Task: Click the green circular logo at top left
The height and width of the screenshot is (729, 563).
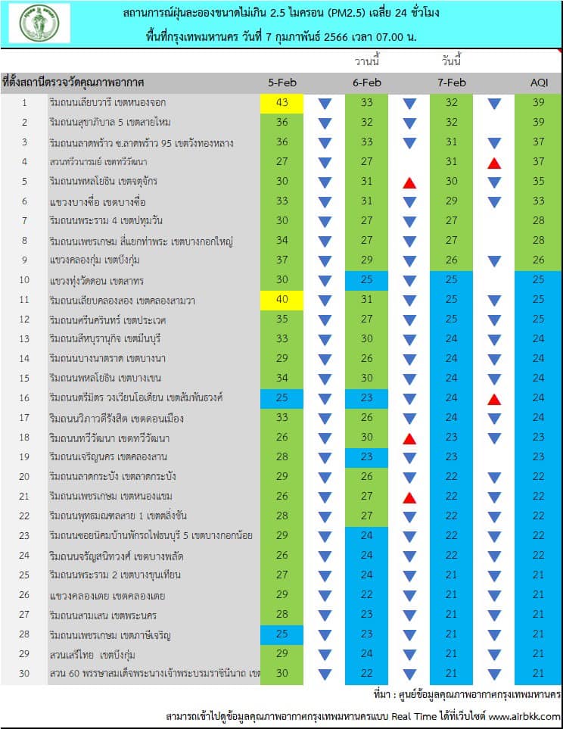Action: (39, 23)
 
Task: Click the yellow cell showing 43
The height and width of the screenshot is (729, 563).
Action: (281, 103)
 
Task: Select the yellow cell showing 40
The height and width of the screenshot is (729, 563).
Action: (281, 300)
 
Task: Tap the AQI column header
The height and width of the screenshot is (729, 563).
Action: (540, 83)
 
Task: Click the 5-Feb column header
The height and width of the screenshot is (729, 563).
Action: (282, 83)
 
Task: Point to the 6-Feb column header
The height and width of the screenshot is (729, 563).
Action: (367, 83)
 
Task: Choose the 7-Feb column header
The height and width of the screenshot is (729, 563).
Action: (452, 83)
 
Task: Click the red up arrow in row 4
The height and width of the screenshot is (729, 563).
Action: (494, 163)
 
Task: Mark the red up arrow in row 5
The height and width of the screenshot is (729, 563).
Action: (409, 182)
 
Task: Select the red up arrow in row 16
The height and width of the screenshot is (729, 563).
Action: (494, 399)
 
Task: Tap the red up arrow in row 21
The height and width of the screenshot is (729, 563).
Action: (409, 497)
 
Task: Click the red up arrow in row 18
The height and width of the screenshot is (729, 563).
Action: (409, 438)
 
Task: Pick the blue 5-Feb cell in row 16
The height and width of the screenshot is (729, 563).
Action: (281, 398)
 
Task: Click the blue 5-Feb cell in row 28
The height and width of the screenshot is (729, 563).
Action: (281, 634)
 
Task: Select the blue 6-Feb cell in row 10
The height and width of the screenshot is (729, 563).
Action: (366, 280)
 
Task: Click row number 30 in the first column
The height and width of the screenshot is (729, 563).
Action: (24, 673)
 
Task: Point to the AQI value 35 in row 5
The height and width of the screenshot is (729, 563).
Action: (538, 182)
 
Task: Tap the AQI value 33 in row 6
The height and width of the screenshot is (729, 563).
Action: (538, 201)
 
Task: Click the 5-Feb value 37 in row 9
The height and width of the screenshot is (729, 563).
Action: (282, 260)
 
